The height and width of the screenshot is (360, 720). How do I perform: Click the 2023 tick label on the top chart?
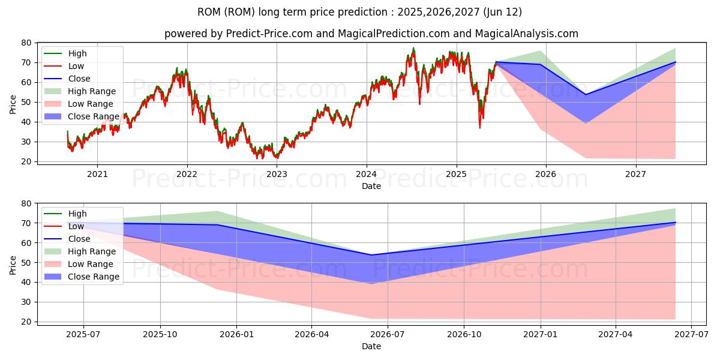[277, 175]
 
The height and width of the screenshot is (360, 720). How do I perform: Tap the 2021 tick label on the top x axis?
[97, 175]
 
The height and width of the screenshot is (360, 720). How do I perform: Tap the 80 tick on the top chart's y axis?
[26, 43]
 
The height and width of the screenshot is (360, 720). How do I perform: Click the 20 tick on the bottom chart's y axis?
[26, 322]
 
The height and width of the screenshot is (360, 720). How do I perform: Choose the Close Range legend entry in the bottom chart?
[93, 277]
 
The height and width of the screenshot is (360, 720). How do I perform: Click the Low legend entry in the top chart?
[76, 66]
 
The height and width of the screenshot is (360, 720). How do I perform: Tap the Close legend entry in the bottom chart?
[79, 239]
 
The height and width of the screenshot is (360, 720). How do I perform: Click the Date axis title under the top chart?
[371, 186]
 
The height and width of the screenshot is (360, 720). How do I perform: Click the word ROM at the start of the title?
[208, 12]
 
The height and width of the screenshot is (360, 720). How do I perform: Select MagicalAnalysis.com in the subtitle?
[527, 34]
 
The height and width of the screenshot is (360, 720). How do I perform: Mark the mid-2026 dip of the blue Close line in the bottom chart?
[371, 255]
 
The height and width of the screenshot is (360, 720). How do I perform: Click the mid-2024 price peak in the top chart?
[413, 49]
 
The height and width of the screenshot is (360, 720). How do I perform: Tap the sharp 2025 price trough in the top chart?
[479, 127]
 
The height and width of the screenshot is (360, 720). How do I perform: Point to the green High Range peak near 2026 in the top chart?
[540, 51]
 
